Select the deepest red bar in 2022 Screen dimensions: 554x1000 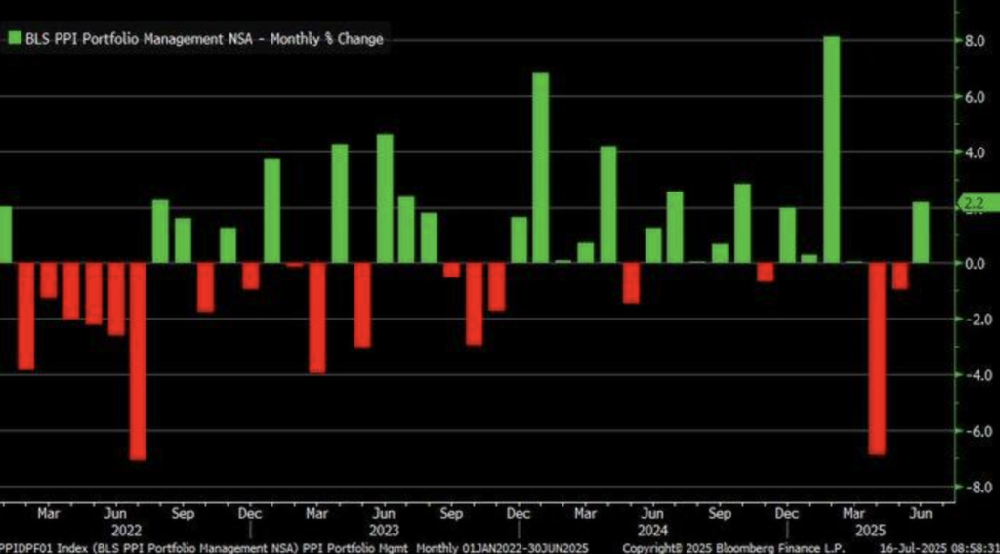pos(138,361)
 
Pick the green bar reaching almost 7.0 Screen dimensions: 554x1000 pos(540,167)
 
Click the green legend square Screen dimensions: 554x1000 pos(15,39)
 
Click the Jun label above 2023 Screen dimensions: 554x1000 pos(384,513)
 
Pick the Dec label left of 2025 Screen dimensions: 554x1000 pos(786,513)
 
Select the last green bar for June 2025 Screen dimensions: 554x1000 pos(921,232)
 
